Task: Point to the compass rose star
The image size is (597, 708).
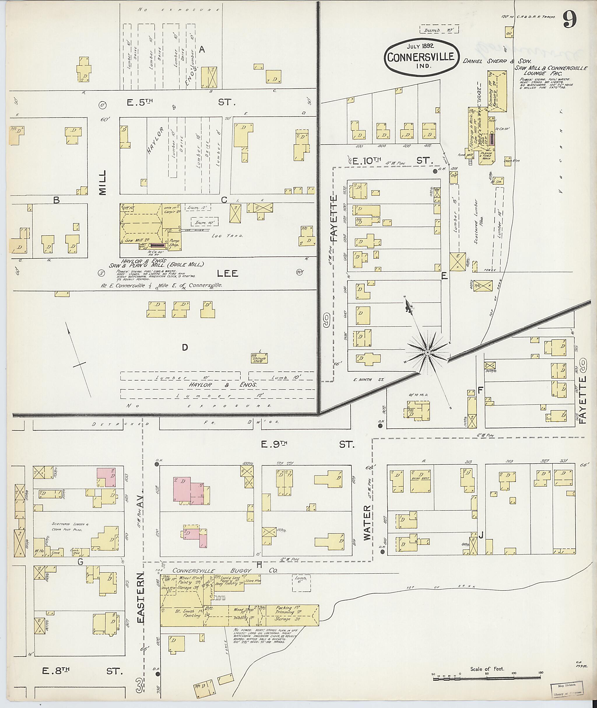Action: tap(427, 353)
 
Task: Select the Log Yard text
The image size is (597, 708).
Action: tap(232, 236)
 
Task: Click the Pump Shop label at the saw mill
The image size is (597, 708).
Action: tap(174, 243)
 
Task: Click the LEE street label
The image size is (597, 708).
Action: tap(227, 273)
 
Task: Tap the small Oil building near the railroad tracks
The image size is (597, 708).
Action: tap(508, 33)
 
